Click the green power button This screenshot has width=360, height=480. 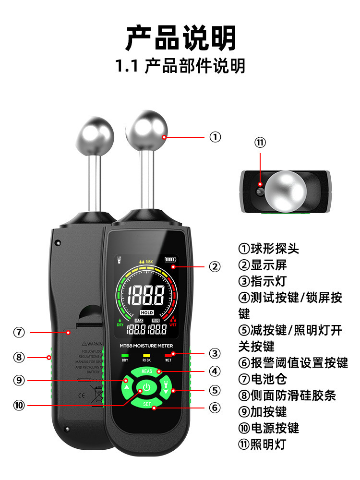(147, 388)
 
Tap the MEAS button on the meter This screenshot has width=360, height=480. (147, 372)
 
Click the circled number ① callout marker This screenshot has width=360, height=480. (215, 137)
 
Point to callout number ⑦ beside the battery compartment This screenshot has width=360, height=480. (19, 332)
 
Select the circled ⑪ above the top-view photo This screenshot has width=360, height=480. (260, 143)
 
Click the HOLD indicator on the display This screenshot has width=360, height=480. (147, 313)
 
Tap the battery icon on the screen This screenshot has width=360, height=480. (170, 260)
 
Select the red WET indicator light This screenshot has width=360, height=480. (168, 354)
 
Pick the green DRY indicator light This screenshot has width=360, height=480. (125, 354)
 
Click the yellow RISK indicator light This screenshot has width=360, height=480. (146, 354)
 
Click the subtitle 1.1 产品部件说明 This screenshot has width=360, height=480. (180, 66)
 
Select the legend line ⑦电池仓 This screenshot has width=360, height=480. (263, 379)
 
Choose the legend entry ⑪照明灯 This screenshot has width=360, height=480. (263, 444)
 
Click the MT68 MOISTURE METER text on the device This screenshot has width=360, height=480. (146, 346)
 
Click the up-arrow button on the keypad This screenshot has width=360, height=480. (126, 386)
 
